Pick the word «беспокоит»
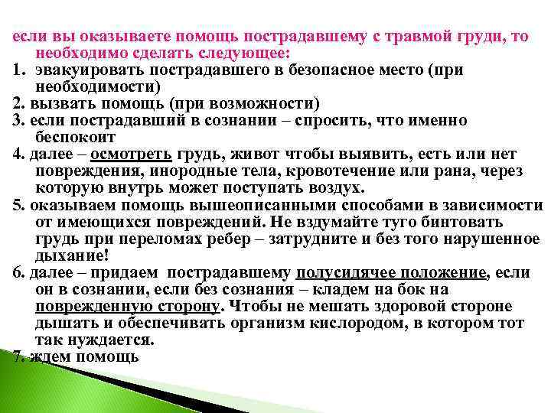tap(75, 138)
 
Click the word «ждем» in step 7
tap(50, 357)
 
